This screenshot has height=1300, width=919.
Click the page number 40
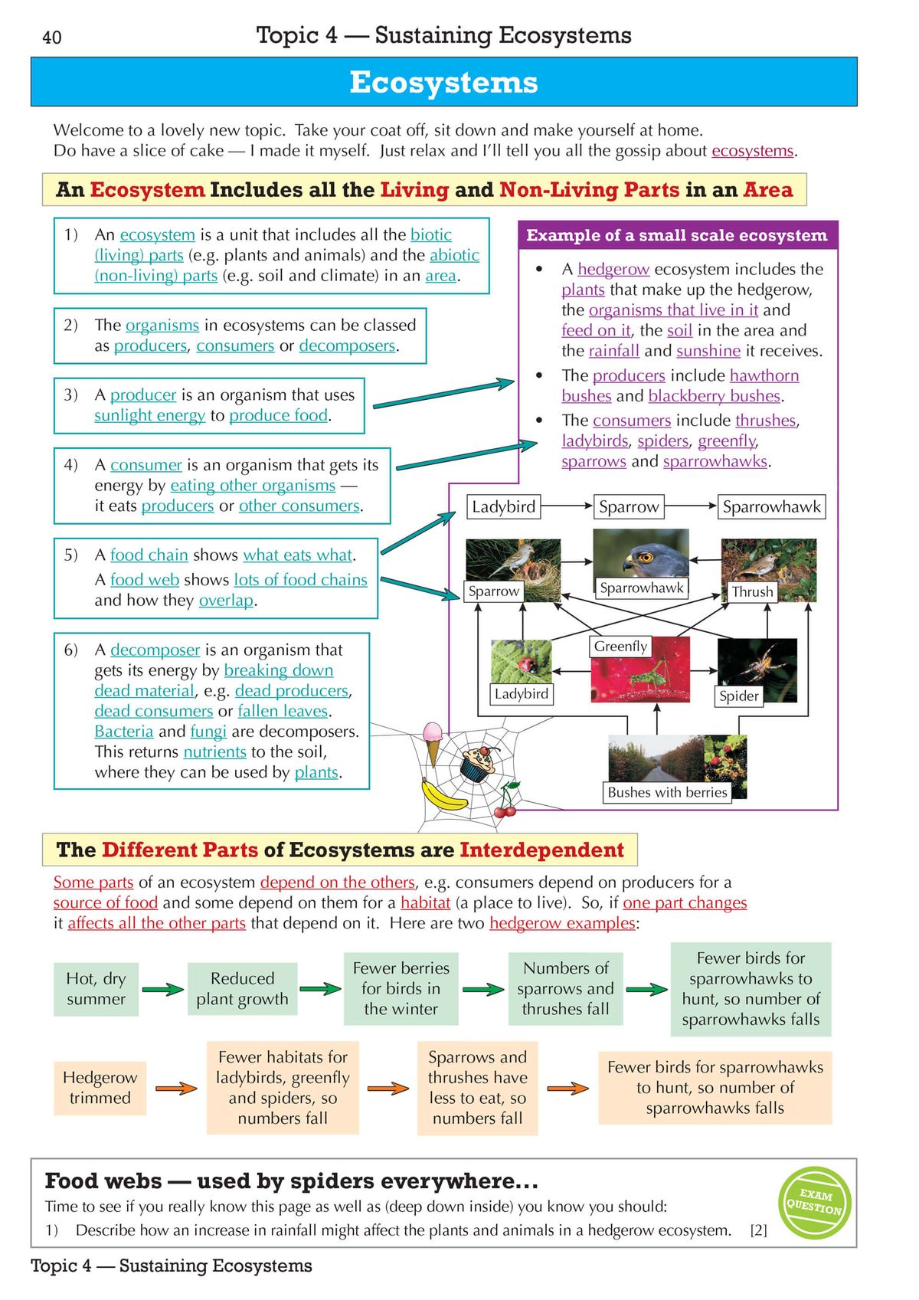tap(52, 38)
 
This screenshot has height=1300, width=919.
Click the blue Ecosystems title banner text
tap(443, 82)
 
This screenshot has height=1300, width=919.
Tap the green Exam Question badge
tap(815, 1202)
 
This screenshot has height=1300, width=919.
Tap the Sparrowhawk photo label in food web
tap(641, 588)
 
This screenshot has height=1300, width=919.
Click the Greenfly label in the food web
tap(620, 646)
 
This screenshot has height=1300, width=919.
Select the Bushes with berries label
tap(667, 792)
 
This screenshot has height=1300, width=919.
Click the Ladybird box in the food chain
tap(503, 506)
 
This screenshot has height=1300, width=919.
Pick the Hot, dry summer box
tap(96, 989)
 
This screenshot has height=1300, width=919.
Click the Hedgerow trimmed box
tap(100, 1087)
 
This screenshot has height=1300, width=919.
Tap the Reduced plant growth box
tap(242, 989)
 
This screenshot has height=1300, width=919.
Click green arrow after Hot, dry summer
tap(162, 990)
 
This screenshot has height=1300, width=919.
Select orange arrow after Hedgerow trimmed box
tap(176, 1088)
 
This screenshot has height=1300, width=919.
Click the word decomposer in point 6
tap(155, 650)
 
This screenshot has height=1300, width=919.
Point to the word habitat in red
tap(425, 902)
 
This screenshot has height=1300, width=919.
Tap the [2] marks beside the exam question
tap(758, 1230)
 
